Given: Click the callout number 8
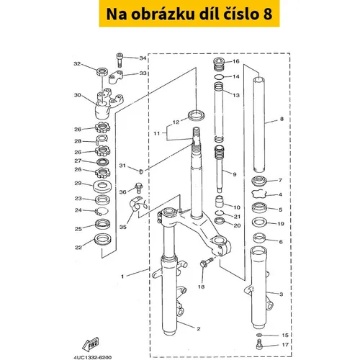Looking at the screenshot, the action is (282, 119).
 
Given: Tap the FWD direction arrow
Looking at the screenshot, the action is (91, 345).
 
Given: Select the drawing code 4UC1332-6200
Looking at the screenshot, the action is (93, 357).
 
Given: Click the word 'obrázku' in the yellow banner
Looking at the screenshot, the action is (163, 14).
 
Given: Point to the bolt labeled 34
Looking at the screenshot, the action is (120, 60).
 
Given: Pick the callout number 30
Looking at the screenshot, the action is (78, 95).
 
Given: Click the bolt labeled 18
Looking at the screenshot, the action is (207, 263).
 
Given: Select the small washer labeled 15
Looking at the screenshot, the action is (259, 335).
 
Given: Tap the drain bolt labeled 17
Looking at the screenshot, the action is (258, 344).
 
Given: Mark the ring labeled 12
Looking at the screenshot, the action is (197, 115).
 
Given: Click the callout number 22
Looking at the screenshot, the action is (78, 248).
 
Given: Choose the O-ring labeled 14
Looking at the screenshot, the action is (219, 77).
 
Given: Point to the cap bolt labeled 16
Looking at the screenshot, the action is (219, 64).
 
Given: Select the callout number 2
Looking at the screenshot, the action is (199, 329).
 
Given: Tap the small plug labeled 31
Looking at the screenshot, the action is (141, 171).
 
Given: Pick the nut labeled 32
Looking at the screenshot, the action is (102, 71).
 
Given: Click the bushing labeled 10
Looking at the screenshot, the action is (219, 202).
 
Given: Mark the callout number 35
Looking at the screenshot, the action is (123, 227).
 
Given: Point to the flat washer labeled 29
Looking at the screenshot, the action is (102, 186).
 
